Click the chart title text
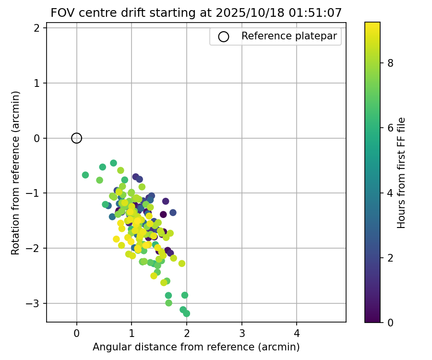point(196,13)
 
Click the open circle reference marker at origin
point(77,138)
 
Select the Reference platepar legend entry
point(276,36)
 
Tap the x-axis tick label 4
point(297,333)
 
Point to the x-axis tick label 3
point(241,333)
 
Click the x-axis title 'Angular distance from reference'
point(196,347)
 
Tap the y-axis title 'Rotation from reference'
point(16,173)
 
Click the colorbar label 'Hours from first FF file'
point(402,173)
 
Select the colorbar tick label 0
point(390,322)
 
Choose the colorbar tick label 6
point(390,128)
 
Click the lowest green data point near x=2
point(186,313)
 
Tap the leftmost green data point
point(85,175)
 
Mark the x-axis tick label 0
point(77,333)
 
